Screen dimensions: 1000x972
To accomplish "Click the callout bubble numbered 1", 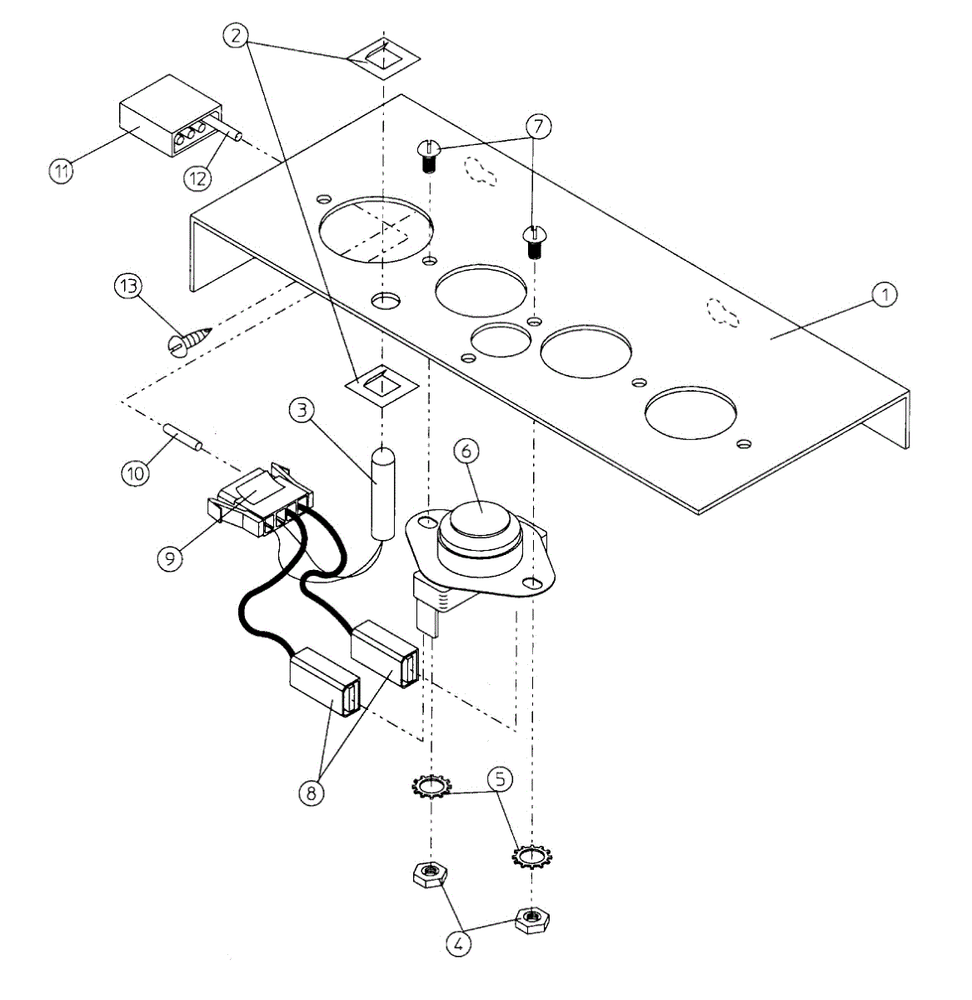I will click(885, 293).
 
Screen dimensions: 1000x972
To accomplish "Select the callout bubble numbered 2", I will click(237, 35).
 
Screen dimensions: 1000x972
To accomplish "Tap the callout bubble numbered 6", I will click(466, 450).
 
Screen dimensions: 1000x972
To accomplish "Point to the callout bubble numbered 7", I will click(539, 127).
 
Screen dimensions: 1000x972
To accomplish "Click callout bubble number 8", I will click(312, 792).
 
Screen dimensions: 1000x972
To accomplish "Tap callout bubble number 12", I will click(197, 177).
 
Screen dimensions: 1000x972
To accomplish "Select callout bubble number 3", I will click(302, 410).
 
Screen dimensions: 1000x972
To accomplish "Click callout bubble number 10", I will click(135, 472).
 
